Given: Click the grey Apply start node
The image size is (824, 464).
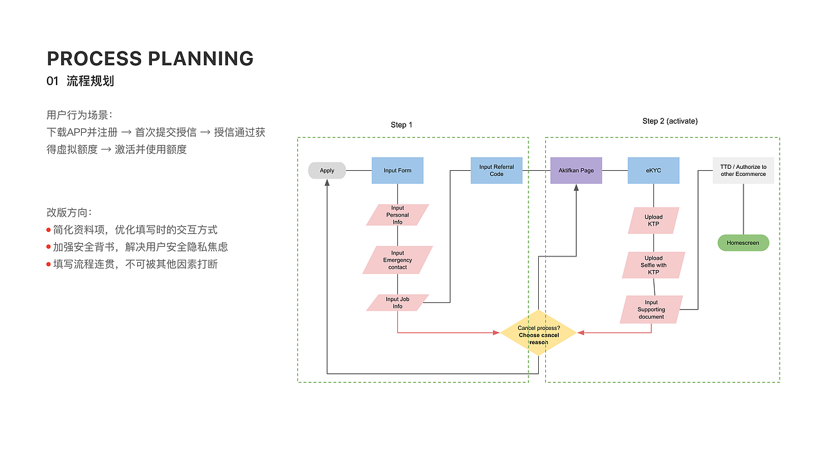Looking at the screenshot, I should coord(327,171).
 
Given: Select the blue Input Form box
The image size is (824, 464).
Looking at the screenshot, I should coord(397,171).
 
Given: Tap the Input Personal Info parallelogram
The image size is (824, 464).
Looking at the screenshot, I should coord(397,215).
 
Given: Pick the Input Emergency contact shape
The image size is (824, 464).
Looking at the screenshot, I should coord(397,260).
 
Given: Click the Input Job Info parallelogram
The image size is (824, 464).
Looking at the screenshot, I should coord(397,302).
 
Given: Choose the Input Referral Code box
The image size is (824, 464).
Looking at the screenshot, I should coord(496,171).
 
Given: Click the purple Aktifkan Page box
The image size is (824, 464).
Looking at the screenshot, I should coord(576,171).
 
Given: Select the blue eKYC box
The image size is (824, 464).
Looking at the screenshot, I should coord(653,171).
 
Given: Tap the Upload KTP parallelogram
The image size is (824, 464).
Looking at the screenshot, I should coord(653,220).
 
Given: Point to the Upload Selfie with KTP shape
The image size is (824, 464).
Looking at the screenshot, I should coord(653,265).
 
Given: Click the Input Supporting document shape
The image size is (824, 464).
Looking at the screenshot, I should coord(651,309).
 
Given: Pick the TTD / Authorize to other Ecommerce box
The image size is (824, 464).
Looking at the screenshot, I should coord(743,171).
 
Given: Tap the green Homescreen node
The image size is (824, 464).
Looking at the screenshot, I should coord(743,243).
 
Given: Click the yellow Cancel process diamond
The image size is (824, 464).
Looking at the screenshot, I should coord(538,333).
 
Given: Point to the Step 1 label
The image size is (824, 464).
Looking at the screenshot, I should coord(402,124).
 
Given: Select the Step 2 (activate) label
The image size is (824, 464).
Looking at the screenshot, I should coord(669,121).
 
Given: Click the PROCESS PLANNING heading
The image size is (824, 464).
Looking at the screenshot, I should coord(150,59).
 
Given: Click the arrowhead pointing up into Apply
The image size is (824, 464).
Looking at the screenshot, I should coord(327,182).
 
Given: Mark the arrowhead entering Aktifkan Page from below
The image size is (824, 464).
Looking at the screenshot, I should coord(576,187).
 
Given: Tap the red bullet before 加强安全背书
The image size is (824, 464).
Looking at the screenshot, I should coord(48,247).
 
